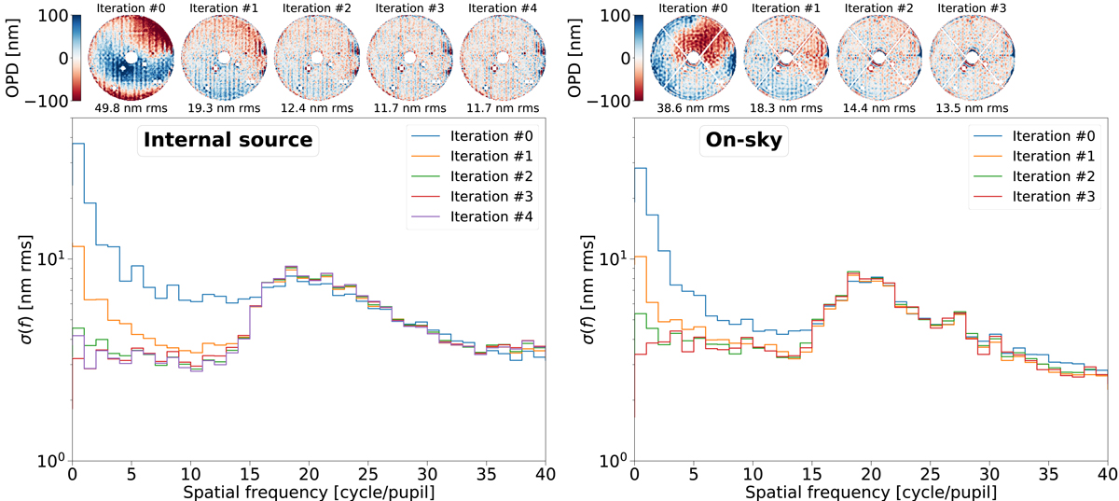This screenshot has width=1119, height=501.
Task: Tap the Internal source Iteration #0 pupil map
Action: (x=131, y=58)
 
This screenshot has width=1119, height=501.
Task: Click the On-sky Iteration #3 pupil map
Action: (x=970, y=58)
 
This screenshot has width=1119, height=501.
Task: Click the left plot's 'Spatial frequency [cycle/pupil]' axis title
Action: (x=308, y=491)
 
